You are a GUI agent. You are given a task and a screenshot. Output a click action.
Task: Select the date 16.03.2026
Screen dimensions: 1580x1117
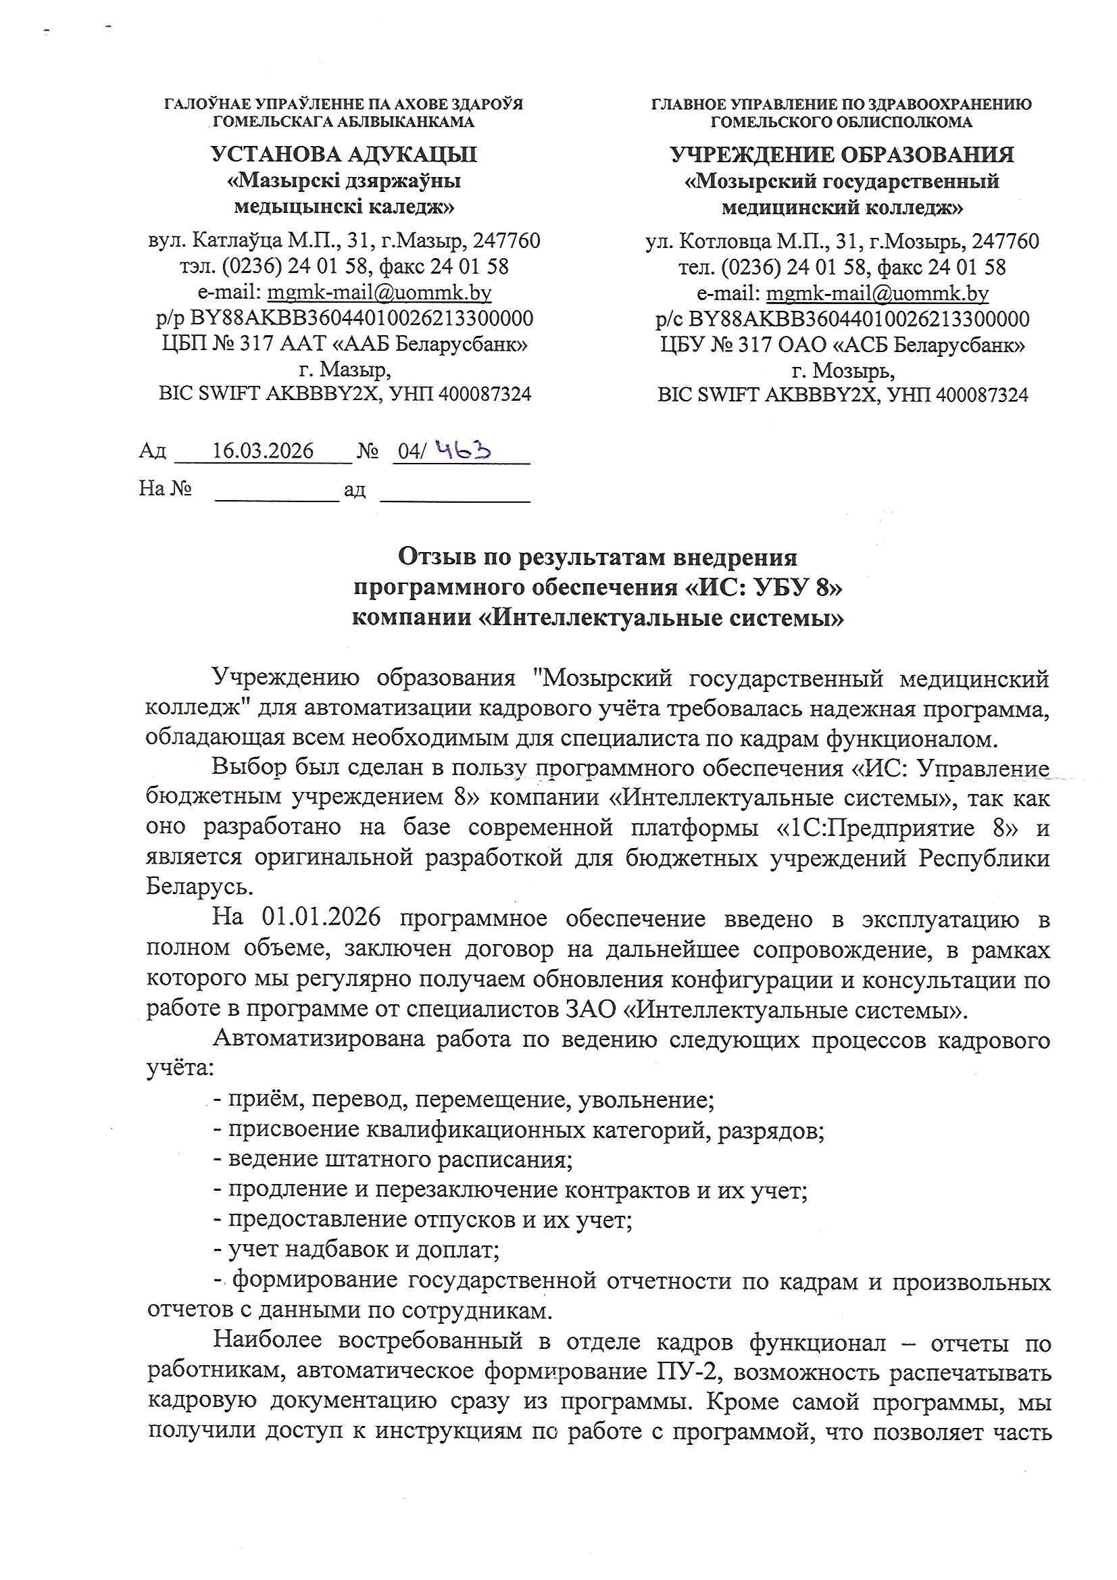coord(262,451)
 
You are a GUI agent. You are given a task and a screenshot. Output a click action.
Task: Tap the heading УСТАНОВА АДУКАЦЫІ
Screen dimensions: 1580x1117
coord(343,154)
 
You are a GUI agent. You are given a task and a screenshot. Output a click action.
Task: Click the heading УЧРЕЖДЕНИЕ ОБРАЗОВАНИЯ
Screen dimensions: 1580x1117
coord(842,154)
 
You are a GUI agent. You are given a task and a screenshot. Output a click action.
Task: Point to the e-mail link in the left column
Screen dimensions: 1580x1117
coord(379,293)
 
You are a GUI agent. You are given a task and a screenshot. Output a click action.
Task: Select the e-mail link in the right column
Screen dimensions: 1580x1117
coord(877,294)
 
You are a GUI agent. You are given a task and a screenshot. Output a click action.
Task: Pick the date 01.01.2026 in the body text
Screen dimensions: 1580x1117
coord(321,917)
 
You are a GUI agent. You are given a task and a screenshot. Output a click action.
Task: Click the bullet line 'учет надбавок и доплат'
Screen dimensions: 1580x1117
coord(357,1248)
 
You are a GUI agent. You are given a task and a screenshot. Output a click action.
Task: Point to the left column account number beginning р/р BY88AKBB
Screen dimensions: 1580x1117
coord(344,318)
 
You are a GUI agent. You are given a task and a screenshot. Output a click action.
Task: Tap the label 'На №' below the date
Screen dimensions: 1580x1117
coord(165,488)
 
